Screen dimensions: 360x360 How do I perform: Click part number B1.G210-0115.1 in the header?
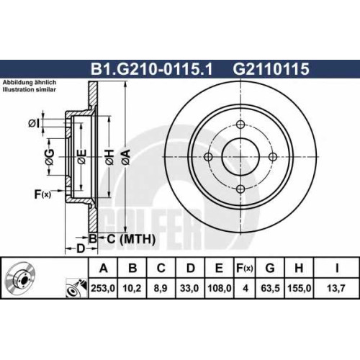point(151,69)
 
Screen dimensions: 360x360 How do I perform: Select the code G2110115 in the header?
point(271,69)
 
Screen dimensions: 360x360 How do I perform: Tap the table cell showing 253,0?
point(103,288)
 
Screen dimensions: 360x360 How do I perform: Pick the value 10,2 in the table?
point(132,288)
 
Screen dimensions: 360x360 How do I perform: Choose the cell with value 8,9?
point(161,288)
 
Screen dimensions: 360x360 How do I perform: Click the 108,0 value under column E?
point(220,288)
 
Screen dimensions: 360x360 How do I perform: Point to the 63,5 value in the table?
point(270,288)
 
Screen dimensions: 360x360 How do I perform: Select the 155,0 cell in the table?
point(300,288)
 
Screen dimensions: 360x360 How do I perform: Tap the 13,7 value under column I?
point(336,288)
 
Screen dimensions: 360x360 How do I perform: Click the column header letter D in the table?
point(190,268)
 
